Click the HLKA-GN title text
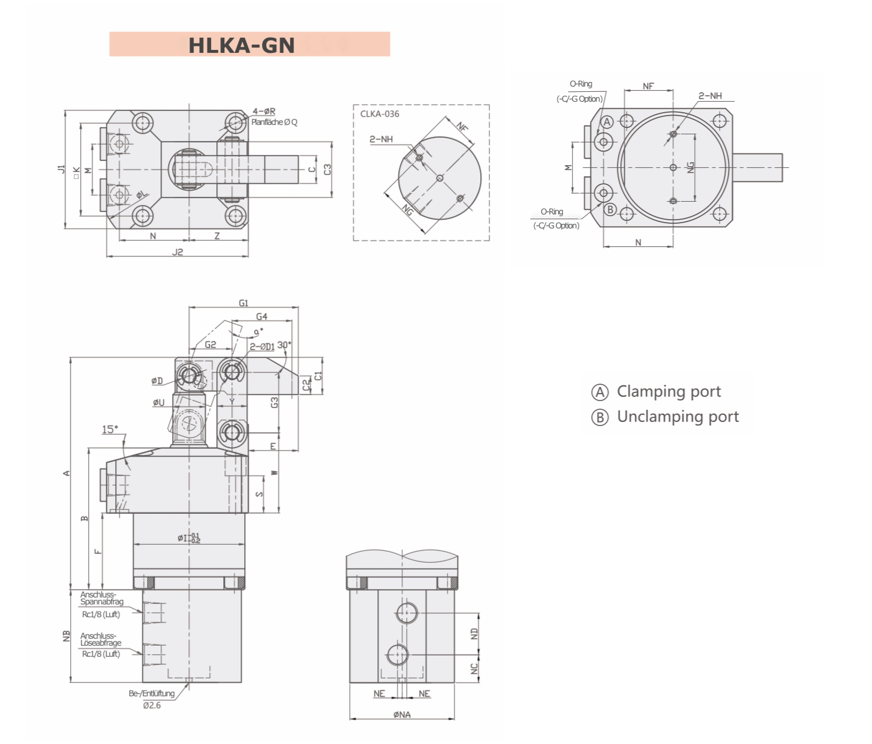pos(241,45)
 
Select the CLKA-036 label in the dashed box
pos(380,114)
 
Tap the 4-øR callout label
pos(264,111)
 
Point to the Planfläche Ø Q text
pos(274,122)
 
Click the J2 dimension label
pos(177,252)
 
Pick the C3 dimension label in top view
pos(327,170)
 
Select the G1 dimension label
pos(243,303)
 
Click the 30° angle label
pos(284,345)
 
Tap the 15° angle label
pos(110,430)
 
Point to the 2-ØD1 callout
pos(262,347)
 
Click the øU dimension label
pos(159,402)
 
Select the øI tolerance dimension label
pos(188,538)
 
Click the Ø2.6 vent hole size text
pos(152,705)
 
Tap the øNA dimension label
pos(402,714)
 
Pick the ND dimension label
pos(474,634)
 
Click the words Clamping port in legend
pos(669,392)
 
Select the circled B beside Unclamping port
pos(599,417)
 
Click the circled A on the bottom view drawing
pos(607,122)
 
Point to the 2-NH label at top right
pos(710,96)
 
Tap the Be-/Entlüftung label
pos(152,693)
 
